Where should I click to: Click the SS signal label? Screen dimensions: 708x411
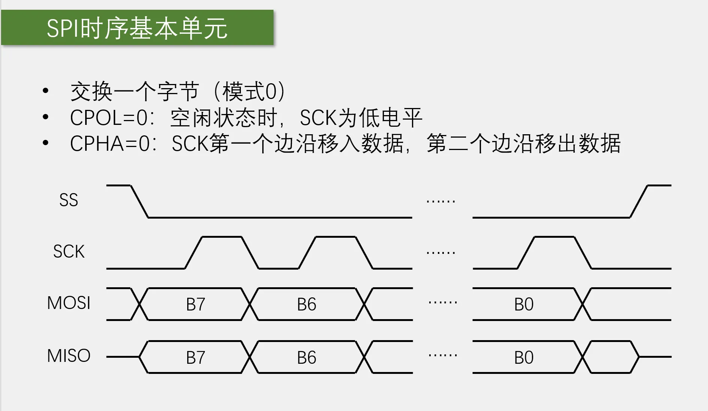pyautogui.click(x=69, y=200)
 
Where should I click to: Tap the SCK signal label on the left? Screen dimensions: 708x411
pyautogui.click(x=69, y=251)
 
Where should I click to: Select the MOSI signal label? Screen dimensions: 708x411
pyautogui.click(x=69, y=303)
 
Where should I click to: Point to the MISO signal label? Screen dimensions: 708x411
pyautogui.click(x=69, y=355)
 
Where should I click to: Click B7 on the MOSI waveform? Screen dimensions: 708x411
pyautogui.click(x=195, y=304)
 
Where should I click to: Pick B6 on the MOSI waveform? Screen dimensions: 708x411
pyautogui.click(x=307, y=304)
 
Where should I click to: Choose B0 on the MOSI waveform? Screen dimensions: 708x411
pyautogui.click(x=524, y=304)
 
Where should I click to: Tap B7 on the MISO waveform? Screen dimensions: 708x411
pyautogui.click(x=195, y=358)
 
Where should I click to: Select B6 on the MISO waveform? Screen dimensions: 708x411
pyautogui.click(x=307, y=358)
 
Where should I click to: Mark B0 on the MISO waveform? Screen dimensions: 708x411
pyautogui.click(x=524, y=358)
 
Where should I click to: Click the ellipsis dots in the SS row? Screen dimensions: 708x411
pyautogui.click(x=441, y=202)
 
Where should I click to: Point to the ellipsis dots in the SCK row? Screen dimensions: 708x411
pyautogui.click(x=441, y=253)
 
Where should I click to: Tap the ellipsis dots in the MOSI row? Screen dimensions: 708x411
pyautogui.click(x=443, y=302)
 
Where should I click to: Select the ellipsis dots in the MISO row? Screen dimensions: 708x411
pyautogui.click(x=443, y=355)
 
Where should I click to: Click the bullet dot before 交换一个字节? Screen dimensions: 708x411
pyautogui.click(x=46, y=91)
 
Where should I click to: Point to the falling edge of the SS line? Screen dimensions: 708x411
pyautogui.click(x=139, y=201)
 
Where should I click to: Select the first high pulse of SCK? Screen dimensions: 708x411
pyautogui.click(x=222, y=237)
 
